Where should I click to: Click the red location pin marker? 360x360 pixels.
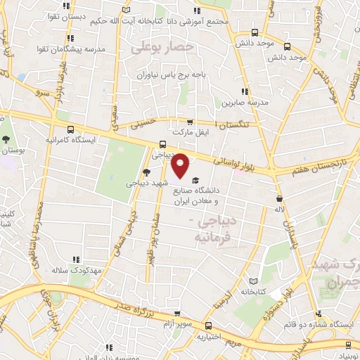click(x=181, y=165)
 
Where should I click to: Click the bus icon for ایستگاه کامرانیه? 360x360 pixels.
click(x=70, y=129)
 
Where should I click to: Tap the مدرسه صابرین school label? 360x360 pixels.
click(x=245, y=103)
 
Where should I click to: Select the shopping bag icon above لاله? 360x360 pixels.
click(x=280, y=198)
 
